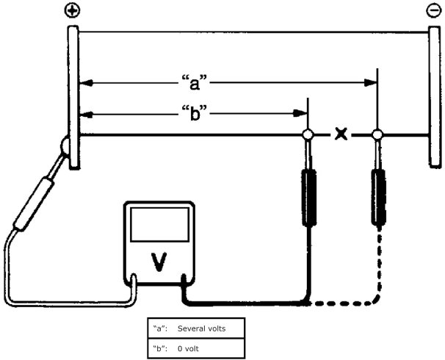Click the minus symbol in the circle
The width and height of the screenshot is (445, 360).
coord(433,10)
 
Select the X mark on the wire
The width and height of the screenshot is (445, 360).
coord(341,134)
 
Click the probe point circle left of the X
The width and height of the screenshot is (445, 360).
coord(308,135)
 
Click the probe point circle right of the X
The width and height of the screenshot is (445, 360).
coord(378,135)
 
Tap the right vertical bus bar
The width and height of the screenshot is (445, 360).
coord(433,96)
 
